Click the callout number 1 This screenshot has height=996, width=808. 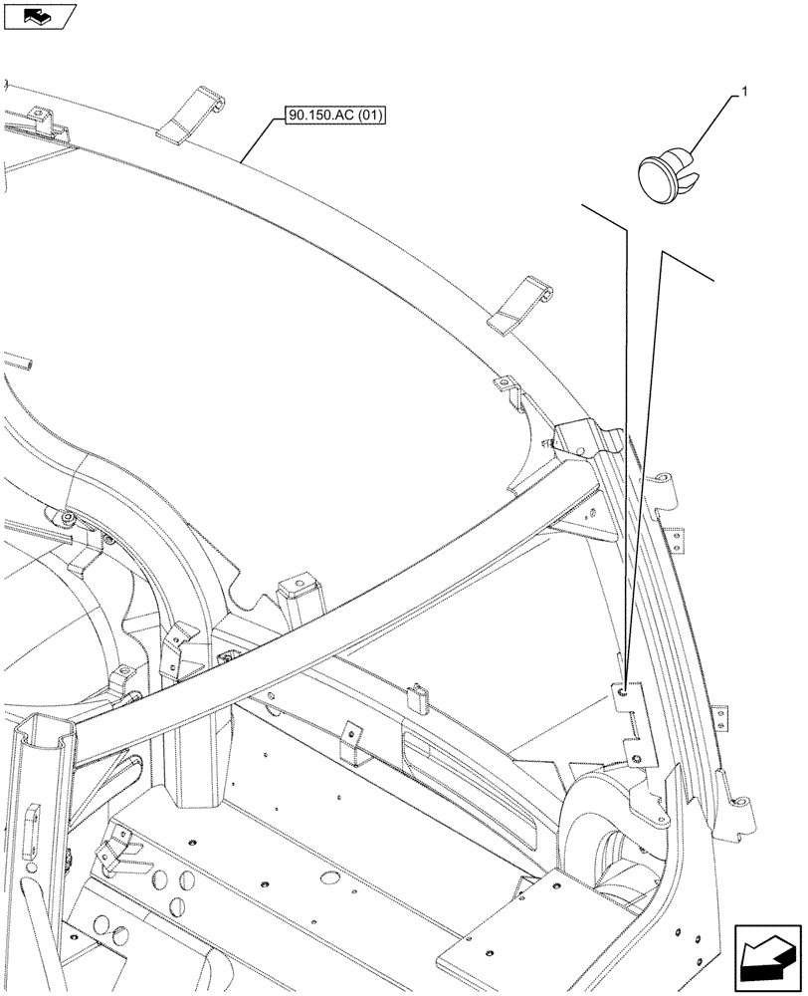(x=740, y=94)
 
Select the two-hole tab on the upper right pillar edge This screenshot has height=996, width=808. (x=675, y=538)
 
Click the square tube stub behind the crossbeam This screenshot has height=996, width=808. (x=297, y=603)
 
